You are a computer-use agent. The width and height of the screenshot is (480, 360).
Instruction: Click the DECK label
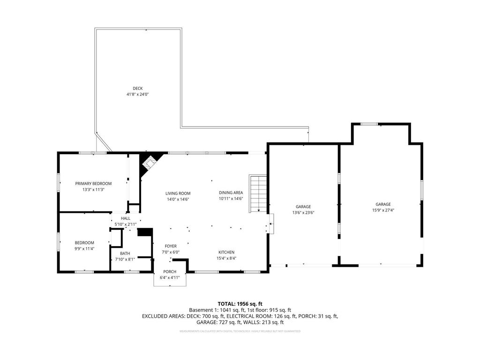137,88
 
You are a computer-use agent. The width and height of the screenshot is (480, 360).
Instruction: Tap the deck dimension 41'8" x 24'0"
137,94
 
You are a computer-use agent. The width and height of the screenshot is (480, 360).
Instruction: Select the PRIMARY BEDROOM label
93,183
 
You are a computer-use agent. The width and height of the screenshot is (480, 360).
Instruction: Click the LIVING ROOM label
178,193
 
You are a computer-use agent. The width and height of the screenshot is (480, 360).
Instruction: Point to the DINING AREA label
231,193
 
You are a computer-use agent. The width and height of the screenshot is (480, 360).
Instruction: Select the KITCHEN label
226,252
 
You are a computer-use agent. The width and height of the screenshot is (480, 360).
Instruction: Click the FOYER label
171,246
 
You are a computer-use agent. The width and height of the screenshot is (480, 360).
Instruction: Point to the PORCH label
170,272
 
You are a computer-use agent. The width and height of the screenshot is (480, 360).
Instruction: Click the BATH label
125,253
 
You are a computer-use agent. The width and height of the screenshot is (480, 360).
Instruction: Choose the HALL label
126,218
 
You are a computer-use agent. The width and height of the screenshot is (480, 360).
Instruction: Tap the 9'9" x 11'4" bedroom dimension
84,248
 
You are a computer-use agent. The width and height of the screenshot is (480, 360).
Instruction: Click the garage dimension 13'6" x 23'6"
303,212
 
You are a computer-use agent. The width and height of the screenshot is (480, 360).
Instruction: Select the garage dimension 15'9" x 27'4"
383,210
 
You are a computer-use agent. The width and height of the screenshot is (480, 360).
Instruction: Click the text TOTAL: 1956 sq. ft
240,303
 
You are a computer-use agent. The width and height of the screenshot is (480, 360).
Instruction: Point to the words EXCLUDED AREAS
163,316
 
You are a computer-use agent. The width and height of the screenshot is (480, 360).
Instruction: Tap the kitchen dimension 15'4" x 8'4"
226,258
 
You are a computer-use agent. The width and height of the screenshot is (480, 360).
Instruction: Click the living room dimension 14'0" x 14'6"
178,199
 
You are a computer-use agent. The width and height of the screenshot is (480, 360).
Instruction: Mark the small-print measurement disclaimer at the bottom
240,331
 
